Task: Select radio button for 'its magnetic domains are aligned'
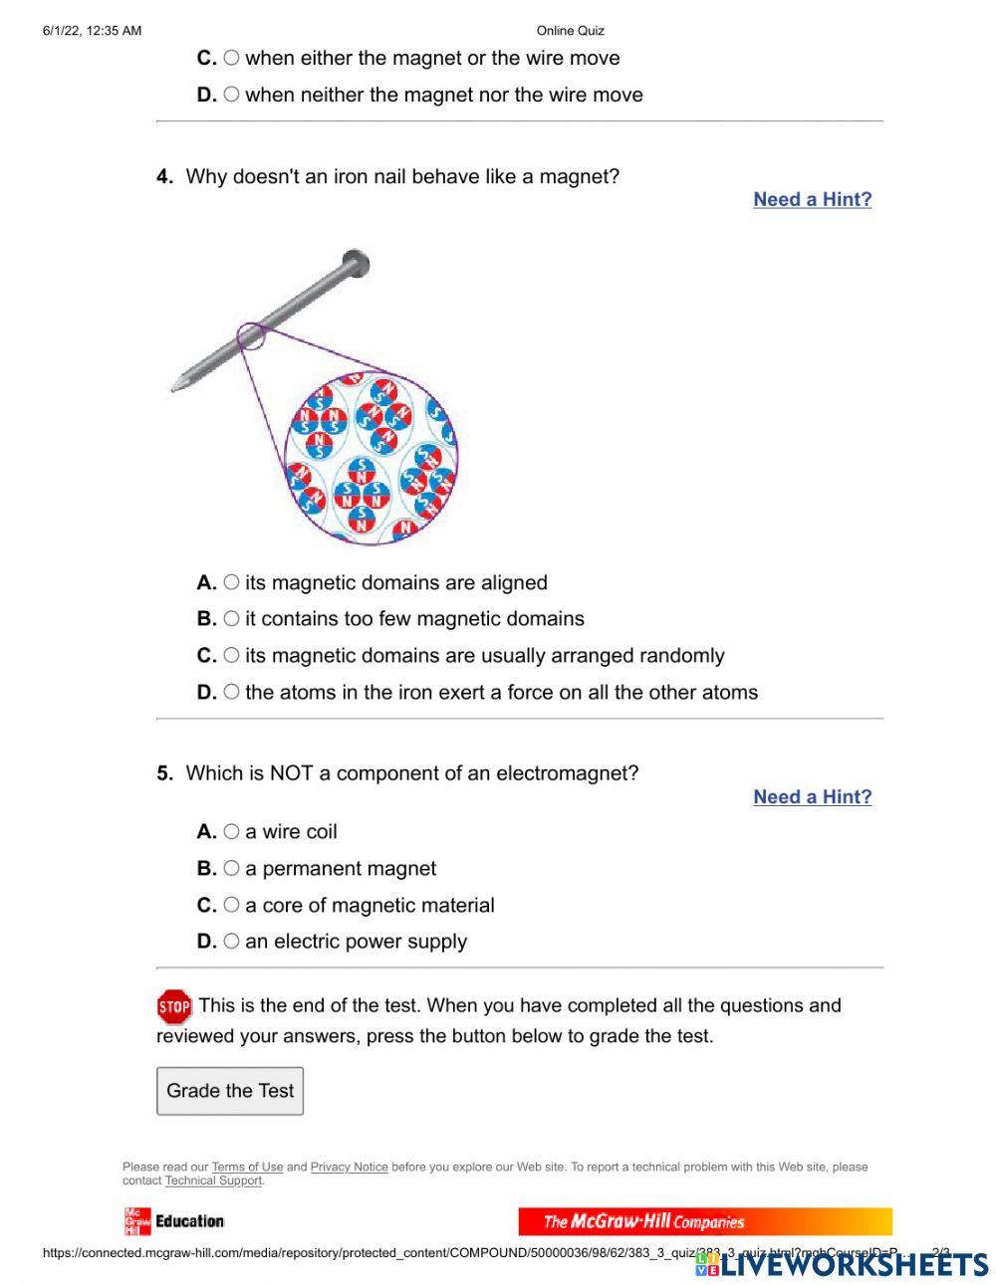[x=231, y=582]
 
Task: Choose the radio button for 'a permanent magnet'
[x=231, y=868]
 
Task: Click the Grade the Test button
[x=230, y=1091]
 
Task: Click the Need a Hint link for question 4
[x=812, y=199]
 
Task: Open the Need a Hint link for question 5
[x=812, y=796]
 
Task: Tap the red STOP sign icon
[x=174, y=1007]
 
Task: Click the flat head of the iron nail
[x=356, y=264]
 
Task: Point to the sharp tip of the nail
[x=175, y=385]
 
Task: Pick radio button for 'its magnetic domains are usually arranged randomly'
[x=231, y=655]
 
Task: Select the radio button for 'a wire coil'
[x=231, y=831]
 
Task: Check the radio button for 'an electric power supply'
[x=231, y=941]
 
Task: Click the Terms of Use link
[x=247, y=1167]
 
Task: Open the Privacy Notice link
[x=349, y=1167]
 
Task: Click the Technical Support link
[x=213, y=1180]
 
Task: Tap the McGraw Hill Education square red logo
[x=136, y=1221]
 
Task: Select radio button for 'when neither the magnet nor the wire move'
[x=231, y=95]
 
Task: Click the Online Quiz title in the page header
[x=570, y=31]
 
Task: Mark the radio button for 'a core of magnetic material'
[x=231, y=905]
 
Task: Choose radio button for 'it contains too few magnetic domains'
[x=231, y=618]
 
